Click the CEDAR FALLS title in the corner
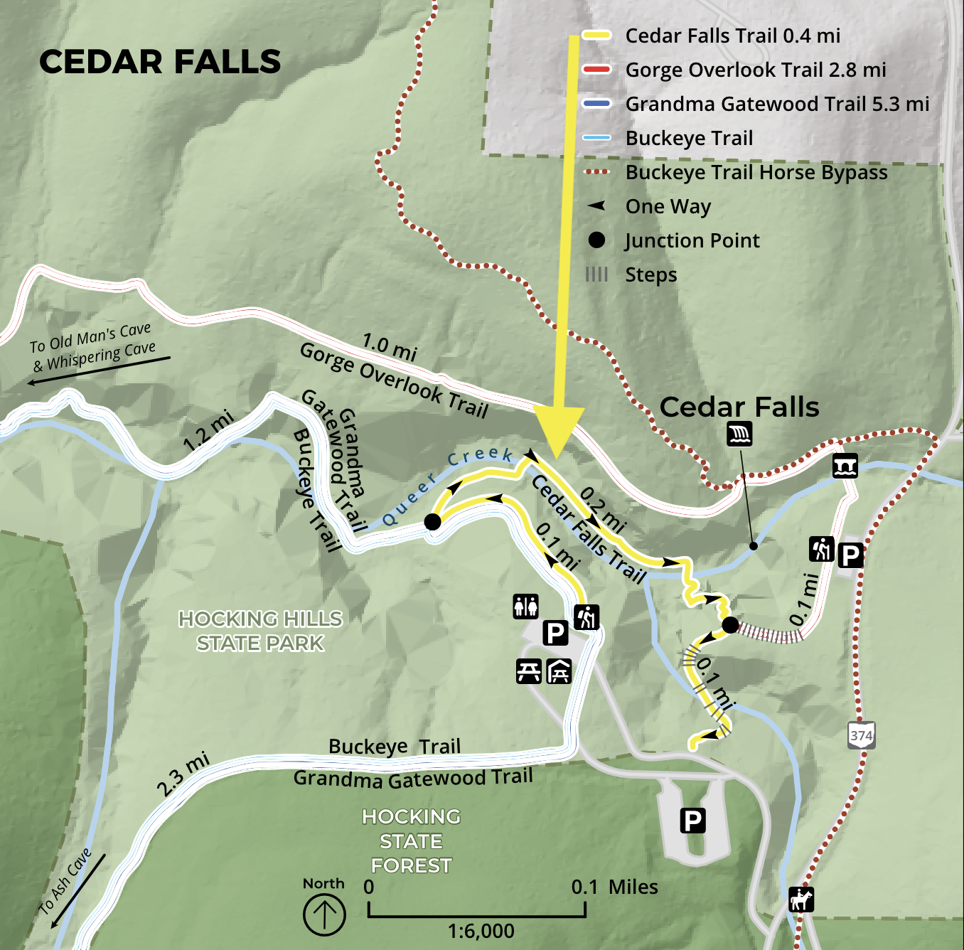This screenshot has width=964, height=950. point(160,62)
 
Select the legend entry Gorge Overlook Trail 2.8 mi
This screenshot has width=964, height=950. point(755,70)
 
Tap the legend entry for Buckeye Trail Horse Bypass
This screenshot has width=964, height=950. point(756,173)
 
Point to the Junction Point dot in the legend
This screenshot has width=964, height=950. point(596,240)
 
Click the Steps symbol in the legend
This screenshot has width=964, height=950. point(596,274)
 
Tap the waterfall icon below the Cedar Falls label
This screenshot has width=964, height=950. point(739,434)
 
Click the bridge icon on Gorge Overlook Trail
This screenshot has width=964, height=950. point(845,466)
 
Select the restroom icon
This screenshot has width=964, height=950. point(526,607)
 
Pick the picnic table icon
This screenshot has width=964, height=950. point(528,671)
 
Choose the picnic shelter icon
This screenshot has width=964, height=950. point(559,671)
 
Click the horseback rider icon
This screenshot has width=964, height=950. point(801,900)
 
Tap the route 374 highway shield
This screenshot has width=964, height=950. point(861,735)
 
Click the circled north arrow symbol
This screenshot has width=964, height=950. point(324,914)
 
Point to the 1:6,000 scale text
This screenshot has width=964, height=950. point(481,931)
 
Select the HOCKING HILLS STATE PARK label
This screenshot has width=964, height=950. point(260,631)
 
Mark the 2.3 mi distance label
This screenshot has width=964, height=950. point(183,774)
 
